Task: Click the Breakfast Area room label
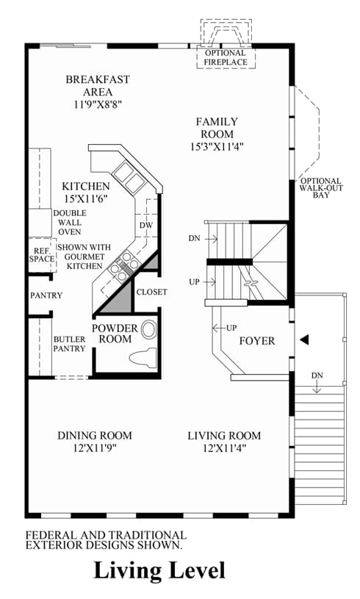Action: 98,85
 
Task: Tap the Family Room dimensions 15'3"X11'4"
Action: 217,146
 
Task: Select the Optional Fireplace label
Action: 226,57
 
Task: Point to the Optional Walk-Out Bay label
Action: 321,187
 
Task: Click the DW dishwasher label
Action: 145,226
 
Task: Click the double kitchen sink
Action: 128,175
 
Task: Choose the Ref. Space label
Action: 42,255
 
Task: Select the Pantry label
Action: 46,295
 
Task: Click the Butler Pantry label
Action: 69,344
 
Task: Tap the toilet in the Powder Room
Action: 143,358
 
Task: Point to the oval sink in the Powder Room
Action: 149,330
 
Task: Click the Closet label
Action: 152,292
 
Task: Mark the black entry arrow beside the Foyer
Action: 304,340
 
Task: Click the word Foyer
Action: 257,341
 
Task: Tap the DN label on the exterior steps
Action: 317,376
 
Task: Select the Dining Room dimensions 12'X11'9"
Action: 95,448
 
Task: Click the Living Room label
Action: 224,436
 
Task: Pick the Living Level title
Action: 159,571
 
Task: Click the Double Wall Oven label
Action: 70,223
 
